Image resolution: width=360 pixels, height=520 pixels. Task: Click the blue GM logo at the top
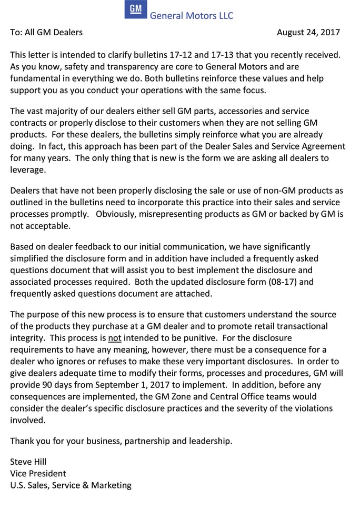(x=136, y=10)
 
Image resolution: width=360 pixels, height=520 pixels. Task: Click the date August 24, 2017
(x=308, y=32)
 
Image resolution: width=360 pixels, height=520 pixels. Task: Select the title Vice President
(x=38, y=473)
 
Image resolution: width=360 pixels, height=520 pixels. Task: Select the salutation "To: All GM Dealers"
(x=46, y=32)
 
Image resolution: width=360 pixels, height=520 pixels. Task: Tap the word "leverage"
(x=27, y=169)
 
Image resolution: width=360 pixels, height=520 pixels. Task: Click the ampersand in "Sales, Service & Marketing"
(x=86, y=485)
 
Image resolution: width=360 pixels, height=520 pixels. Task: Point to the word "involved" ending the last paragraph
(x=27, y=419)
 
